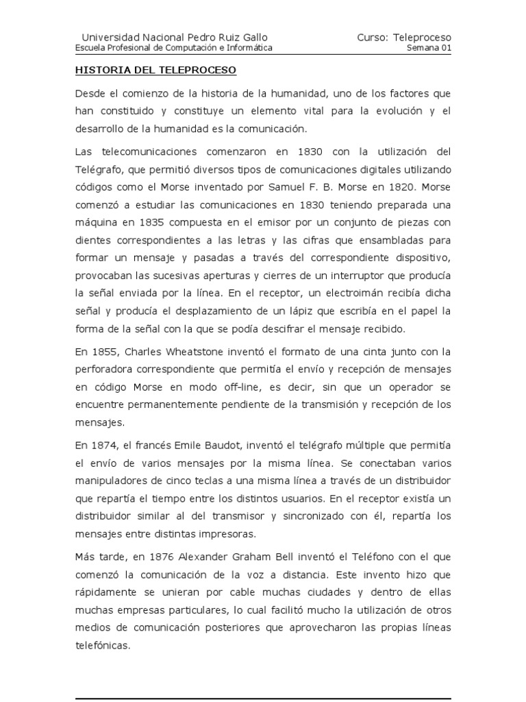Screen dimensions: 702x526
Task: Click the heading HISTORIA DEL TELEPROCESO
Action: coord(155,70)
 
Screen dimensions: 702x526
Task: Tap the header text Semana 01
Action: coord(429,48)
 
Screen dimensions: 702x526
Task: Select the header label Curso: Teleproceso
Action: coord(404,37)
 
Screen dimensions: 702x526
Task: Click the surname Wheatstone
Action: coord(191,352)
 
